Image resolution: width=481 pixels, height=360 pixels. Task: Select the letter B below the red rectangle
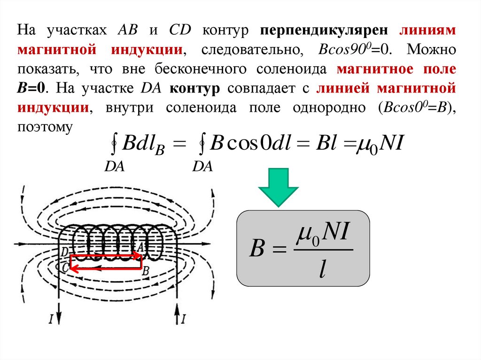click(x=146, y=270)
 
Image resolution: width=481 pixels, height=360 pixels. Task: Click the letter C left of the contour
click(x=65, y=267)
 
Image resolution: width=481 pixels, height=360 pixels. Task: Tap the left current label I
click(x=50, y=319)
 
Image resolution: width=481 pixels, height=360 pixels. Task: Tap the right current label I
click(x=184, y=319)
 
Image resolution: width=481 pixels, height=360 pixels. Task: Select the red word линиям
click(x=427, y=30)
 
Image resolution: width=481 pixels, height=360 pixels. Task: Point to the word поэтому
click(x=45, y=127)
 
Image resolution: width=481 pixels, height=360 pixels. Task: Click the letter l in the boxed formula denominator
click(x=322, y=270)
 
